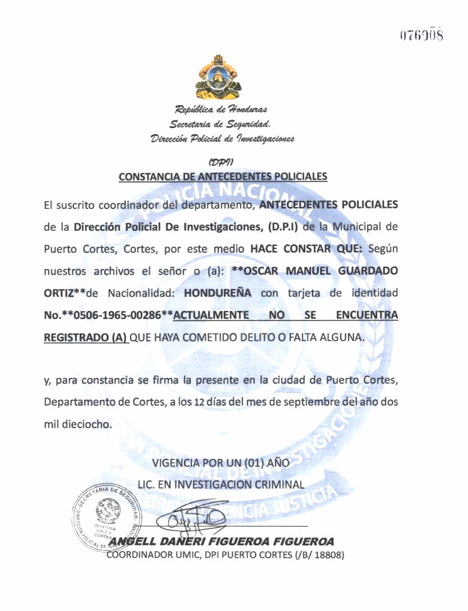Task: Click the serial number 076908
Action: pyautogui.click(x=421, y=35)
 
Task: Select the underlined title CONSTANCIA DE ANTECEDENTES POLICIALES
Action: pyautogui.click(x=223, y=176)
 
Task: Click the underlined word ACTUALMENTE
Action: pyautogui.click(x=211, y=316)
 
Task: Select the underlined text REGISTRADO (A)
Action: pyautogui.click(x=85, y=338)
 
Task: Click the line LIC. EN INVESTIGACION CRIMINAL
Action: pyautogui.click(x=221, y=484)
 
